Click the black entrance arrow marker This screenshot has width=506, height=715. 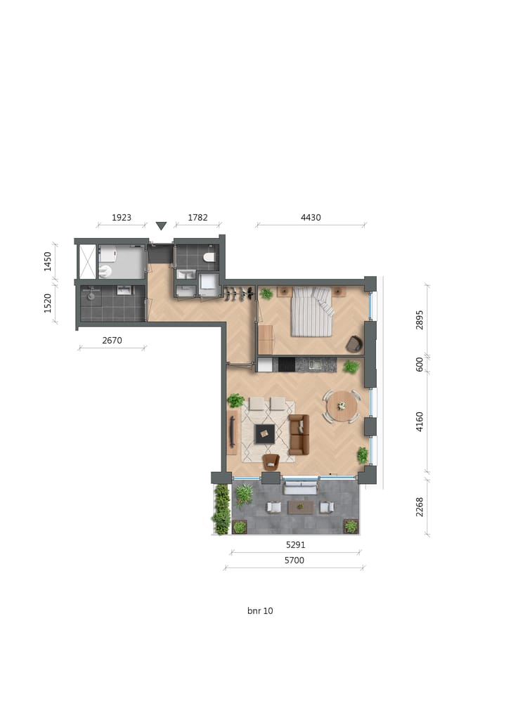161,225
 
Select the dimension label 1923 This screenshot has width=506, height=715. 122,218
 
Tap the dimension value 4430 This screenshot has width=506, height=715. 311,218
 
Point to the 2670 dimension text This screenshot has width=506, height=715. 112,341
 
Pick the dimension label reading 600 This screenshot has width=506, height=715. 420,365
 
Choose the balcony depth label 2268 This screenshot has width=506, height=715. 420,507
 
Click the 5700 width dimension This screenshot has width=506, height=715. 295,560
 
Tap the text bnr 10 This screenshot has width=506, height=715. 260,611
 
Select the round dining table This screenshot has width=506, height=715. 342,406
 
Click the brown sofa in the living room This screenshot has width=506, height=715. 299,434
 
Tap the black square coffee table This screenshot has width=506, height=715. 265,434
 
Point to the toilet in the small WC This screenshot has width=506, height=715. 209,258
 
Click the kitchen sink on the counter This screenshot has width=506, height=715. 313,365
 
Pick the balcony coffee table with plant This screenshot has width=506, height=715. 301,506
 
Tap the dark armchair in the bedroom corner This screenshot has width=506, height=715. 353,344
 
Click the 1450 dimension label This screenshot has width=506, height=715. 48,261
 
